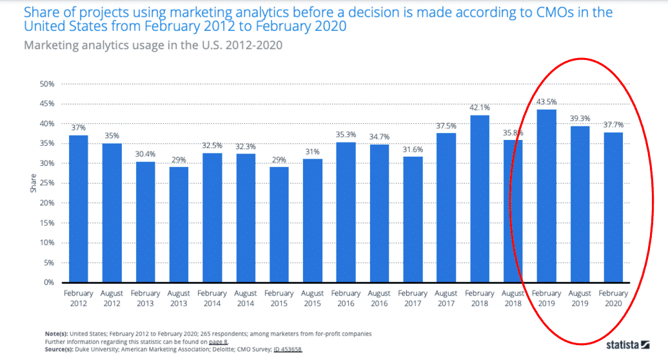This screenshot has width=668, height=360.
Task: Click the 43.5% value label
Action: click(547, 102)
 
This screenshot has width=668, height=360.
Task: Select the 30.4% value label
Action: click(146, 154)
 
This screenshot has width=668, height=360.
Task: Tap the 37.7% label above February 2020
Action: click(614, 125)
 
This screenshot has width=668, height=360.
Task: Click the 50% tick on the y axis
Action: click(46, 84)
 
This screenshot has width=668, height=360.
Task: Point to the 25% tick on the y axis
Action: click(46, 183)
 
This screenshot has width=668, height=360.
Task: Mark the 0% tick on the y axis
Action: click(48, 283)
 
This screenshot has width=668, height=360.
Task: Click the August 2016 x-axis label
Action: click(380, 297)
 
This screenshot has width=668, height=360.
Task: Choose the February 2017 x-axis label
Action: click(413, 297)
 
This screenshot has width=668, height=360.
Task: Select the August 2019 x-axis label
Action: click(580, 297)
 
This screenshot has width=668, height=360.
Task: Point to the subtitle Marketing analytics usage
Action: click(153, 46)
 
